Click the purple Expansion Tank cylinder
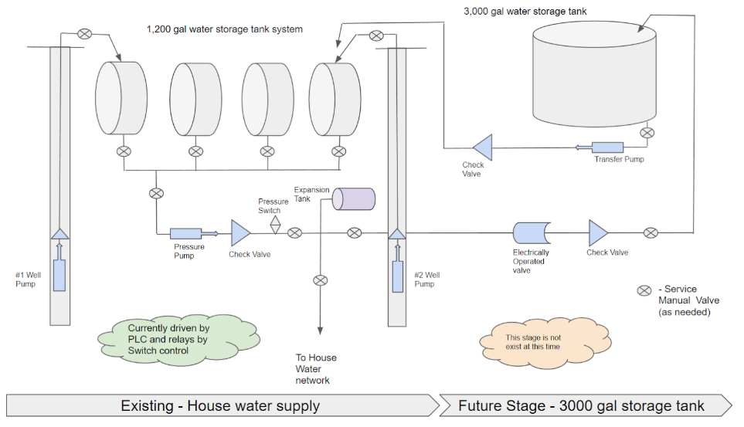[353, 198]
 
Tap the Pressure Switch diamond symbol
[275, 224]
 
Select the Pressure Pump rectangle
[185, 232]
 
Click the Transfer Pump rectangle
[607, 147]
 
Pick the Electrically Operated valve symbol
[531, 232]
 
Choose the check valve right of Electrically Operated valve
[598, 232]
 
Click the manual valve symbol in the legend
[644, 290]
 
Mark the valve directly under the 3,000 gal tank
[647, 133]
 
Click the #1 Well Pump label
[26, 279]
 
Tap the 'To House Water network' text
[316, 369]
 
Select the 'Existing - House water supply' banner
[220, 405]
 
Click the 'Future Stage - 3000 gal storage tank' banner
[582, 405]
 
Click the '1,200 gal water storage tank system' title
[225, 29]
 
